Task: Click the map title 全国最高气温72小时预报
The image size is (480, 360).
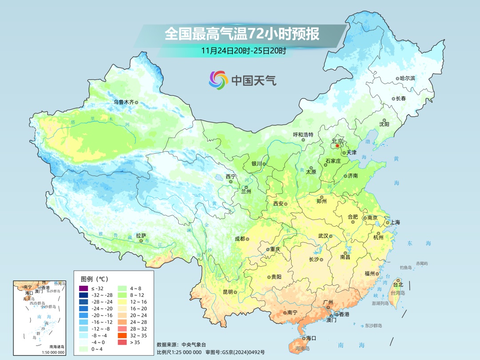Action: tap(242, 34)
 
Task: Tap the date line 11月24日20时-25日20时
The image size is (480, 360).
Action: tap(243, 50)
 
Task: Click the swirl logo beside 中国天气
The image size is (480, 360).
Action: tap(218, 80)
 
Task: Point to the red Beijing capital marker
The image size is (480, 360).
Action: tap(337, 145)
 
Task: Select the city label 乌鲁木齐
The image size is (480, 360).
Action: tap(123, 102)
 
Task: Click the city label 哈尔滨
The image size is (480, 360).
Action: tap(407, 78)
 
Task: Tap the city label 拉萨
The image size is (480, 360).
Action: tap(141, 236)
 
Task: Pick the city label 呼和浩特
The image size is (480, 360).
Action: tap(303, 134)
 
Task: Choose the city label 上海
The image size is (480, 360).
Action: tap(396, 223)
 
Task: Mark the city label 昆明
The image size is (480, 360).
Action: tap(228, 292)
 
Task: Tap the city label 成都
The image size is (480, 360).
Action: tap(240, 239)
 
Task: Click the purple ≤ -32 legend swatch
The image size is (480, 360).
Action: tap(83, 288)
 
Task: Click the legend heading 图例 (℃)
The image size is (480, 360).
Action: tap(94, 279)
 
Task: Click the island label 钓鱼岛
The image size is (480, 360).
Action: tap(406, 268)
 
